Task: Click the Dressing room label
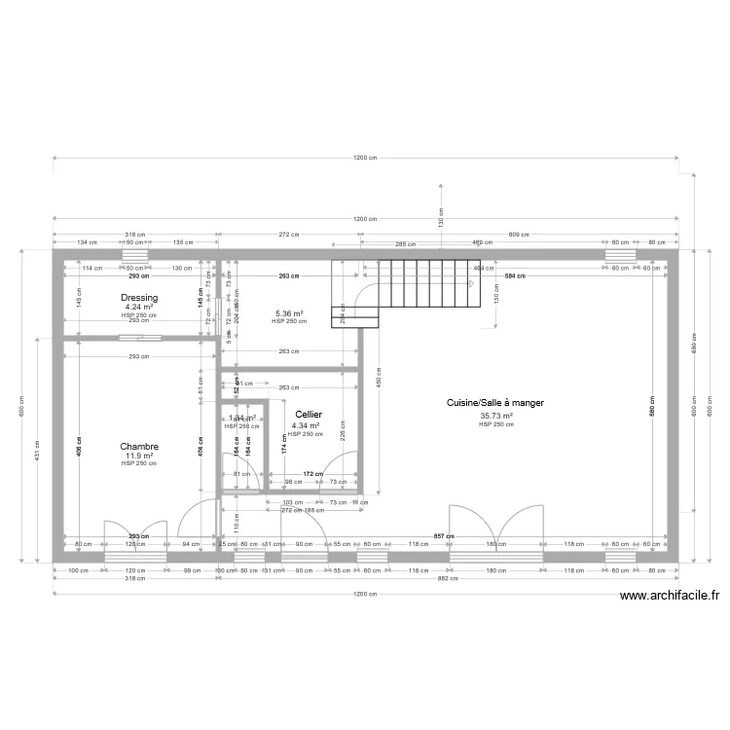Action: [x=139, y=298]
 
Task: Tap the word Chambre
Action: [x=139, y=447]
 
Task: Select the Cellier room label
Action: [x=309, y=415]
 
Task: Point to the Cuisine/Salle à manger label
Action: [x=494, y=402]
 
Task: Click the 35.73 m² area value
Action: [x=495, y=416]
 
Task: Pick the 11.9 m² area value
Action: [x=139, y=456]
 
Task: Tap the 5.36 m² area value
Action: [x=290, y=313]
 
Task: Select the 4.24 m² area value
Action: [x=139, y=308]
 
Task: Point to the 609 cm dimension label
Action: [x=519, y=235]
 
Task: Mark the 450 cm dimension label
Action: [x=377, y=382]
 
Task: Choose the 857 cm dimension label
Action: [x=444, y=535]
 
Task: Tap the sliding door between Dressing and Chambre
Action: [x=140, y=338]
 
